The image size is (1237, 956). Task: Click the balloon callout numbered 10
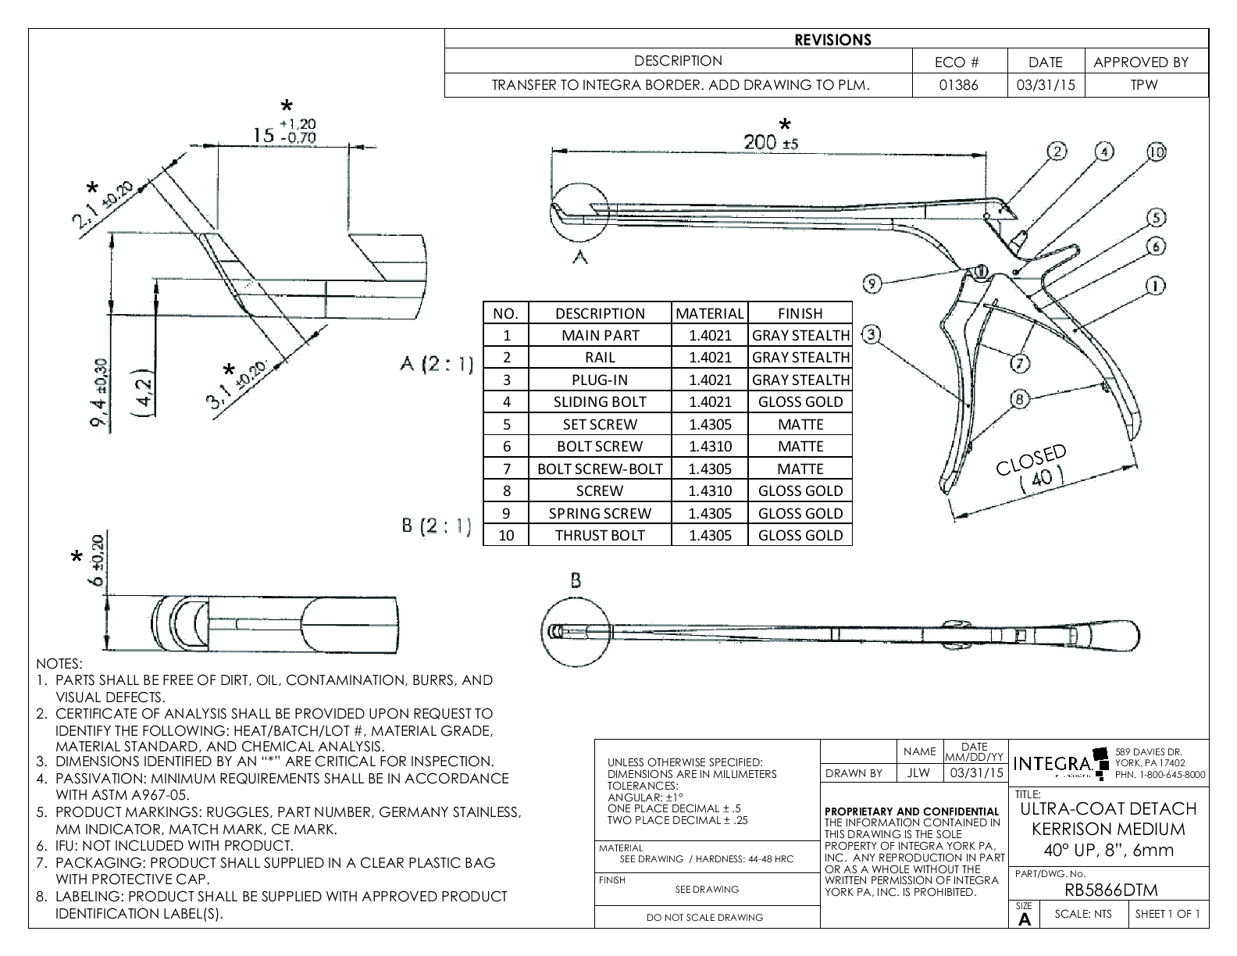click(x=1157, y=152)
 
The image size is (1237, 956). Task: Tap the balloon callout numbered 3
click(x=872, y=335)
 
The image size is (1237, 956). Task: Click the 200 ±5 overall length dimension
click(x=771, y=142)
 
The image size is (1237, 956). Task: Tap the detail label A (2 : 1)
click(x=436, y=364)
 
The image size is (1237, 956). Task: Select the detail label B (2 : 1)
click(x=436, y=526)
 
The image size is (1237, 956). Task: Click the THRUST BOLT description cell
click(x=600, y=535)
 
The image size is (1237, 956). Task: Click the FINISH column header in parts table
click(x=800, y=313)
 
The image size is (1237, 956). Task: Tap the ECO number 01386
click(x=959, y=85)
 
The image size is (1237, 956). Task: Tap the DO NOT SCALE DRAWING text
click(x=705, y=917)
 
